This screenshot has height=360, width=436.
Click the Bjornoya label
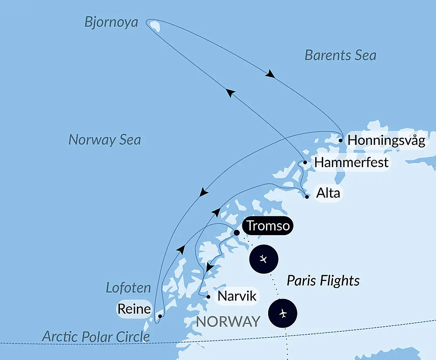point(111,22)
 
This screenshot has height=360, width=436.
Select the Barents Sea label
point(340,55)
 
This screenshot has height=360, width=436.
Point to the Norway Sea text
point(105,140)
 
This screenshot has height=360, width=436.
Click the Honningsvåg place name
point(386,141)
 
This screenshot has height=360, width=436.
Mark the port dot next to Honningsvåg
point(341,141)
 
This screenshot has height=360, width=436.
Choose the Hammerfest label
point(351,163)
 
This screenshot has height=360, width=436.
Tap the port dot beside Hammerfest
point(305,162)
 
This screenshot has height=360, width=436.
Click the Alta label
point(328,192)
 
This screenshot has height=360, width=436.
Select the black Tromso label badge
point(268,226)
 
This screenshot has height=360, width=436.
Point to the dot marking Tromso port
point(237,233)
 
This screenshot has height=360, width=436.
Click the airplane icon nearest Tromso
point(263,259)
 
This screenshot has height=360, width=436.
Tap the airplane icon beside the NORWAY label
point(283,313)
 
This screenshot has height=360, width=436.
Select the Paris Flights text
point(323,281)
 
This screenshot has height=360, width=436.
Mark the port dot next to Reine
point(160,315)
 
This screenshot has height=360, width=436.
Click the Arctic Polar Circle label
point(96,336)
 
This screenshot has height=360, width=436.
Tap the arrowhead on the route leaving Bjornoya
point(270,75)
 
